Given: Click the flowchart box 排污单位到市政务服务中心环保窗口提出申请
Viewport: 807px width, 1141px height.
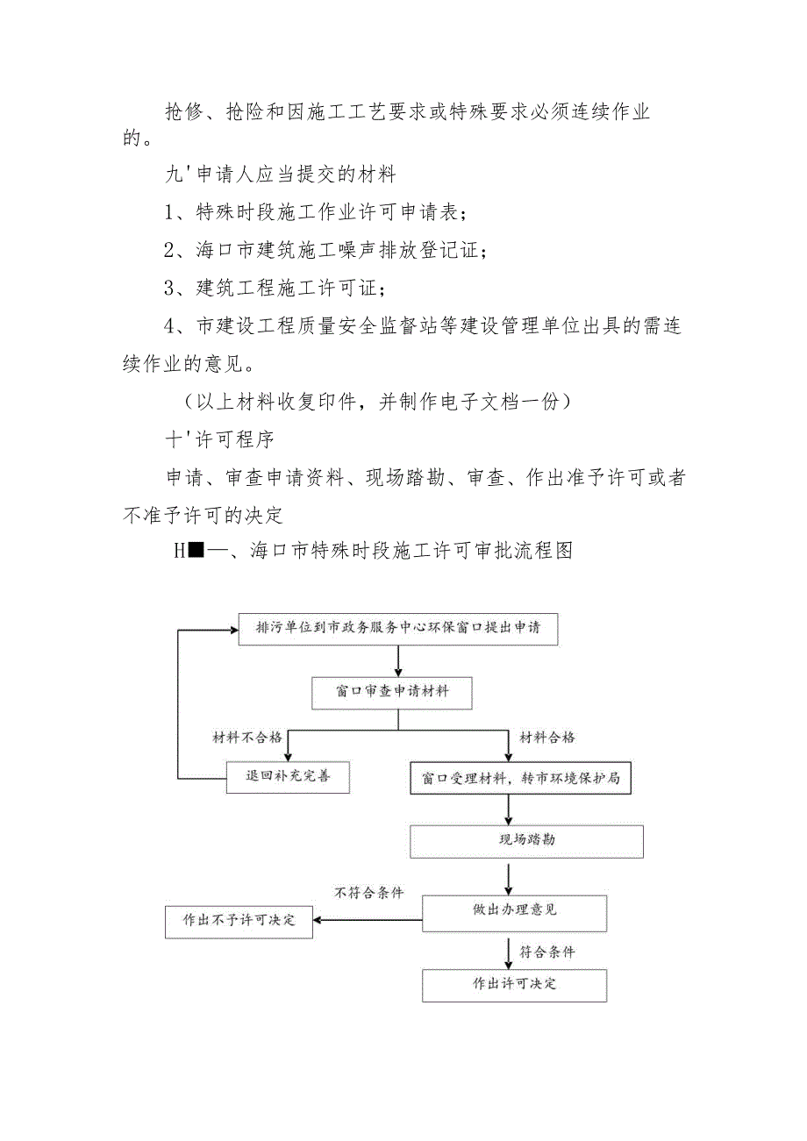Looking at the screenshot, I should click(398, 629).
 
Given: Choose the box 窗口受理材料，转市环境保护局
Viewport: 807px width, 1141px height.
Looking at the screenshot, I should click(521, 778).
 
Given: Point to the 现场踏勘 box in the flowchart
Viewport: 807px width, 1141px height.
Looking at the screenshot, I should click(526, 840).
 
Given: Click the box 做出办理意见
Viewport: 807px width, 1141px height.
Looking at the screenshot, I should click(514, 911).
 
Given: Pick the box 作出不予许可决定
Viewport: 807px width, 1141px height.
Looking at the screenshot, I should click(239, 921).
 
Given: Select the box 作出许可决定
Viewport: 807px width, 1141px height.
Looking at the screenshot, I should click(514, 984).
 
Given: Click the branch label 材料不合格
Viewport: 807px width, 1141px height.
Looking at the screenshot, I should click(247, 738).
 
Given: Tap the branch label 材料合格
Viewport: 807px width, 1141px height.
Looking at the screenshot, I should click(547, 738).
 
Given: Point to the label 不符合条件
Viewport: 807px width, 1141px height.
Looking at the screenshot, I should click(369, 893).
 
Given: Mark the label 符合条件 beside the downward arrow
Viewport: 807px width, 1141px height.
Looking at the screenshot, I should click(547, 951).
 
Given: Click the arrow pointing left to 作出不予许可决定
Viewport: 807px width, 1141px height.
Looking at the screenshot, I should click(368, 920).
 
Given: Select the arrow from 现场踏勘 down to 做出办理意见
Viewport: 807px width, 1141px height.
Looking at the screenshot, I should click(509, 876).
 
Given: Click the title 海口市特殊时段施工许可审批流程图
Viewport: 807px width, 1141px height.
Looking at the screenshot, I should click(412, 551).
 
